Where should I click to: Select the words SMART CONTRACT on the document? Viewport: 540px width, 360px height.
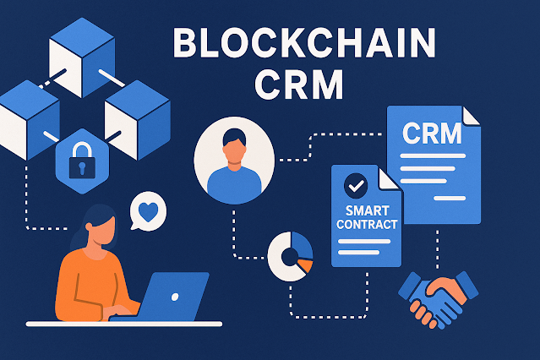point(365,218)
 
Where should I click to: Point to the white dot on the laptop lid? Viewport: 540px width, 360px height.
point(175,295)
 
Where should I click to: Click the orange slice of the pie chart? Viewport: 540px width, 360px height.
point(304,265)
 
